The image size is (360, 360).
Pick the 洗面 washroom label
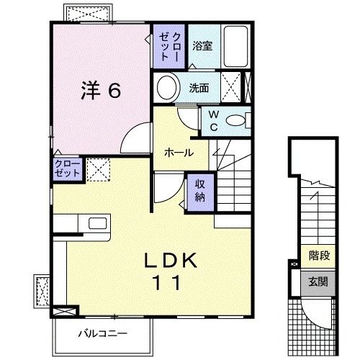(x=199, y=89)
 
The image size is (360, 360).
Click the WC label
(x=214, y=120)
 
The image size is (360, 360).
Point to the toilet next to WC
(x=235, y=120)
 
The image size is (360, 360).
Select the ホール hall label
(x=179, y=153)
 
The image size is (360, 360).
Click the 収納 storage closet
(x=199, y=189)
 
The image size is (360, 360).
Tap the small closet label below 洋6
(x=68, y=170)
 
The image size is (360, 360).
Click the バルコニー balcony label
(x=103, y=334)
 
